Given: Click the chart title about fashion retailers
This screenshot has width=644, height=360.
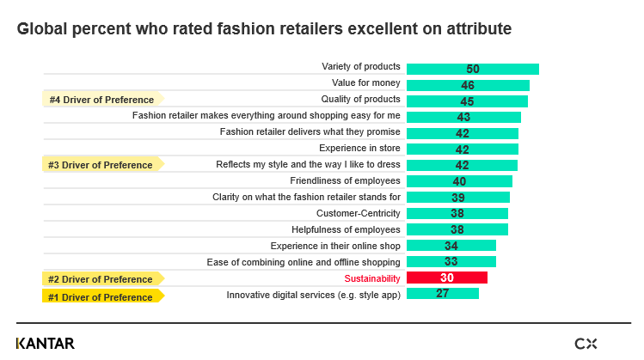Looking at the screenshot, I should (x=264, y=29).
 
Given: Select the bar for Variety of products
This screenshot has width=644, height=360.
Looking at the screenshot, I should (x=472, y=69).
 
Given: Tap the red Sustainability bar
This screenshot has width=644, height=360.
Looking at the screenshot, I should (x=446, y=278).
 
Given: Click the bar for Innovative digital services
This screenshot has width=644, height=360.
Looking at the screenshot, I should (x=442, y=294).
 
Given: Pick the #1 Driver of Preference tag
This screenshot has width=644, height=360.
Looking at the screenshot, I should (x=102, y=297).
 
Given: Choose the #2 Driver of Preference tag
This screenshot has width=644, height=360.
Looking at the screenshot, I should (x=102, y=279).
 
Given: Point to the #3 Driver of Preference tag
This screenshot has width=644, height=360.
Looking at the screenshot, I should (x=102, y=165).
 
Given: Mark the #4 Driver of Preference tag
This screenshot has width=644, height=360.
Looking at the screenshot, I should (x=102, y=100).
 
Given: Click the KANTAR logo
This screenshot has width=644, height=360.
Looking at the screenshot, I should (x=45, y=344).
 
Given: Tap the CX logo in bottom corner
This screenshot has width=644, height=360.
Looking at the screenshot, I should (x=586, y=344).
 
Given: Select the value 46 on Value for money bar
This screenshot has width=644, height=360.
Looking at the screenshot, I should (x=468, y=85).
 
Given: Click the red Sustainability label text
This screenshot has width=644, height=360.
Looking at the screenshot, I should (x=372, y=278).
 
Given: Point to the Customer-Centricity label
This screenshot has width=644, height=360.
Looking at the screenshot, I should (x=358, y=213).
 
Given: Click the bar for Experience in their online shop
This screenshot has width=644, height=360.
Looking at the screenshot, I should (x=451, y=246).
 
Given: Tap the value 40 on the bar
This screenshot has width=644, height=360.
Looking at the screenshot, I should (x=459, y=181).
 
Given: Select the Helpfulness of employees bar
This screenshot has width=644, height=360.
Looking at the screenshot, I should (x=457, y=229).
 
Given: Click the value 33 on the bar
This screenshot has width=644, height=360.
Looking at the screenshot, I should (x=451, y=262).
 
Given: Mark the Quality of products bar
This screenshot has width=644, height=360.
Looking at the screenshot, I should (x=467, y=101).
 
